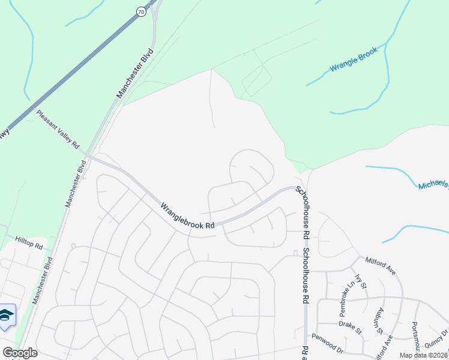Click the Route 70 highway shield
(140, 11)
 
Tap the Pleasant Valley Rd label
(58, 129)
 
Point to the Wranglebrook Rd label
(187, 216)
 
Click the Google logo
(20, 353)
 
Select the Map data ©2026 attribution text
(423, 355)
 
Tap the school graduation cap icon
(7, 316)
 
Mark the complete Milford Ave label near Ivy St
(381, 266)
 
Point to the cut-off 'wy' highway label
(5, 133)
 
